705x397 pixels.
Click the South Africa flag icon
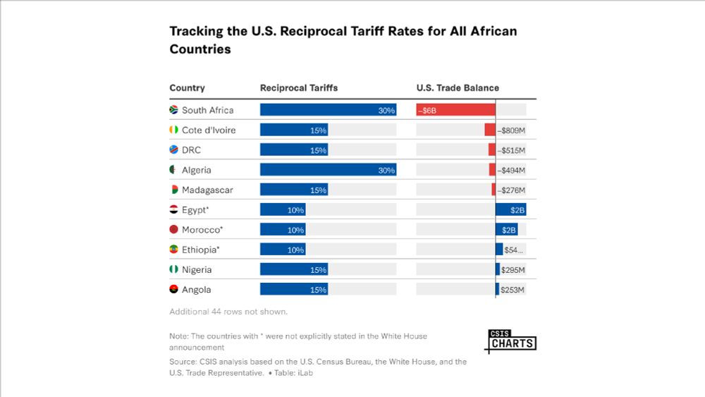click(x=173, y=110)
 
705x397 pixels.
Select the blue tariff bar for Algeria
click(x=328, y=170)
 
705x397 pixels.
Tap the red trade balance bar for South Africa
click(x=455, y=110)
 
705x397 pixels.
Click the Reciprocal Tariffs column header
click(x=299, y=88)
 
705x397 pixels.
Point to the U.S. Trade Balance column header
click(x=458, y=88)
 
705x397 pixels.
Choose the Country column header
click(x=187, y=88)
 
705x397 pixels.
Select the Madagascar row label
click(x=207, y=190)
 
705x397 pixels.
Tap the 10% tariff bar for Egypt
click(x=282, y=210)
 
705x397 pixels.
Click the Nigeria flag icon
click(x=173, y=269)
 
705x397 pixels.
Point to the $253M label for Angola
click(x=513, y=290)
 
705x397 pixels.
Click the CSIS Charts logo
click(x=511, y=341)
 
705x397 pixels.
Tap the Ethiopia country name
click(x=201, y=250)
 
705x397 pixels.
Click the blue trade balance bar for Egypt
click(x=510, y=210)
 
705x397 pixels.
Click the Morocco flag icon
click(x=173, y=230)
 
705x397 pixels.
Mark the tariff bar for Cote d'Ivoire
click(x=293, y=130)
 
